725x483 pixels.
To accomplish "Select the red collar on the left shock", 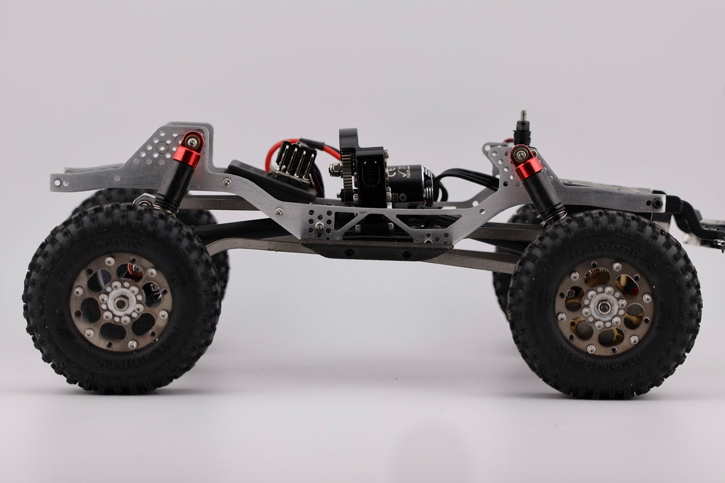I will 187,156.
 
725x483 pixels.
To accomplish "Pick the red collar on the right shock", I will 529,168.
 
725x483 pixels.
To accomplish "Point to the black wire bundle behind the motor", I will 465,176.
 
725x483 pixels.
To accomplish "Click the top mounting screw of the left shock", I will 192,142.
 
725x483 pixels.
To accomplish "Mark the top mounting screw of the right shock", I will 520,155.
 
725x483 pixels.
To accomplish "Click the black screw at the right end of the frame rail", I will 657,203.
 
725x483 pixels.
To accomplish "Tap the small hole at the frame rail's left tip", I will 59,181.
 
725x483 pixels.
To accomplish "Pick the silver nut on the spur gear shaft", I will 333,171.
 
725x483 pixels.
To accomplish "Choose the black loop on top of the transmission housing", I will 349,138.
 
